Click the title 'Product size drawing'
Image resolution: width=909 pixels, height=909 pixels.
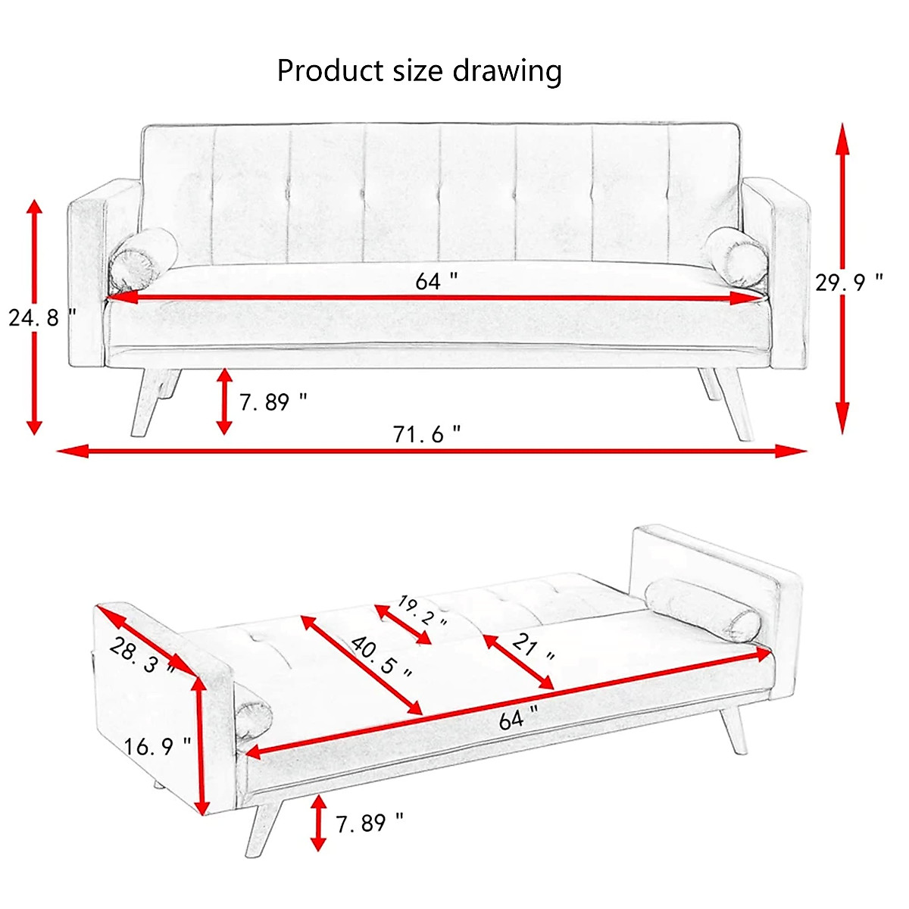pyautogui.click(x=419, y=71)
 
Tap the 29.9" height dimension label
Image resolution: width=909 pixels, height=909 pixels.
pyautogui.click(x=848, y=283)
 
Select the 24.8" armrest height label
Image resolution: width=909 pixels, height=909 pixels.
pyautogui.click(x=42, y=317)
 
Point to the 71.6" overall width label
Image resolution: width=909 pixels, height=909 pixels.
pyautogui.click(x=426, y=434)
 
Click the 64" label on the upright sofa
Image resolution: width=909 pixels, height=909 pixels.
pyautogui.click(x=436, y=281)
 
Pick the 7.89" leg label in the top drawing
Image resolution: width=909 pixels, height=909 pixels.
pyautogui.click(x=273, y=401)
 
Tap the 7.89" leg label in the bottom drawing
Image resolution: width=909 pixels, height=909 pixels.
pyautogui.click(x=369, y=823)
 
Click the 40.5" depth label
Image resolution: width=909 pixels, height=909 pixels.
pyautogui.click(x=383, y=656)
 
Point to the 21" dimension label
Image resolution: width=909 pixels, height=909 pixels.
pyautogui.click(x=533, y=648)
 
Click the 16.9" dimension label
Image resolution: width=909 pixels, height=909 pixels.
pyautogui.click(x=158, y=747)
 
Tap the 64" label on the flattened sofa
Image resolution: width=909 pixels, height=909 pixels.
pyautogui.click(x=519, y=717)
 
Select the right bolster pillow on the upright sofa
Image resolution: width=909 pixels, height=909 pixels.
pyautogui.click(x=735, y=256)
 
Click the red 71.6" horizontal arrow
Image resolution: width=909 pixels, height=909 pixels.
pyautogui.click(x=432, y=451)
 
